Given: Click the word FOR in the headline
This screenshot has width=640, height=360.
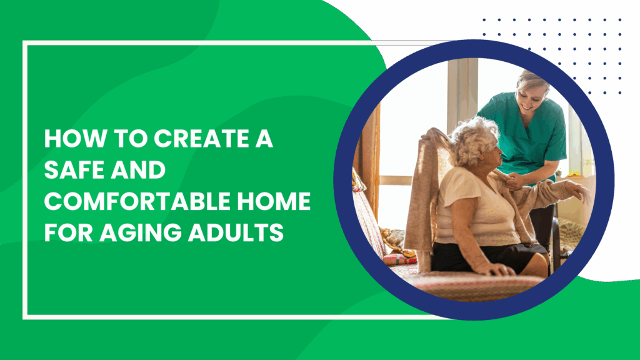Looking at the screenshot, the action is point(69,232).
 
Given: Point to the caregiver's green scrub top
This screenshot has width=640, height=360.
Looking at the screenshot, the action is point(526,135).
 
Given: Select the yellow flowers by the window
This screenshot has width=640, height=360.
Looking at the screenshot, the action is point(574,173).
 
